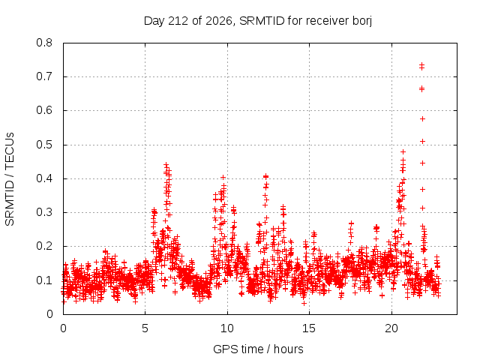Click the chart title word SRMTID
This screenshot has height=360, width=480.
(262, 21)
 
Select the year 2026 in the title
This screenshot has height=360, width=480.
(219, 21)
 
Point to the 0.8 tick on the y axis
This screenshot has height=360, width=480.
(44, 43)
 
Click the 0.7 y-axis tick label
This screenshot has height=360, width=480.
(44, 76)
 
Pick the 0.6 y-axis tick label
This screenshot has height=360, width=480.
(44, 110)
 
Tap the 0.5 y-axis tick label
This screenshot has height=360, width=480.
(44, 145)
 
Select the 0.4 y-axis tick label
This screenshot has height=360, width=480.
(44, 178)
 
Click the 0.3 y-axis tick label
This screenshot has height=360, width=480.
(44, 212)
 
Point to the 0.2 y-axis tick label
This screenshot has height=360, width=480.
(44, 247)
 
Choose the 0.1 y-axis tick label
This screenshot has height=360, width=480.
(44, 280)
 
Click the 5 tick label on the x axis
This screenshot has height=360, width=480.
(145, 328)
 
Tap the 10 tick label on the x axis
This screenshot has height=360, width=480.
(227, 328)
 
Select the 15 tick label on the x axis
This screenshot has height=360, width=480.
(309, 328)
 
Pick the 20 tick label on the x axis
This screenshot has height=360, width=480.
(391, 328)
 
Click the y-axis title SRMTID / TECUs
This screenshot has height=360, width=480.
(10, 179)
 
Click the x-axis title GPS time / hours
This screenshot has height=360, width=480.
(258, 349)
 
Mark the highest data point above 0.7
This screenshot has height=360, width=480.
(421, 65)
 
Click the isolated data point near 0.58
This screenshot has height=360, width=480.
(423, 118)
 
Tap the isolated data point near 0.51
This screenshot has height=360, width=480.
(423, 142)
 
